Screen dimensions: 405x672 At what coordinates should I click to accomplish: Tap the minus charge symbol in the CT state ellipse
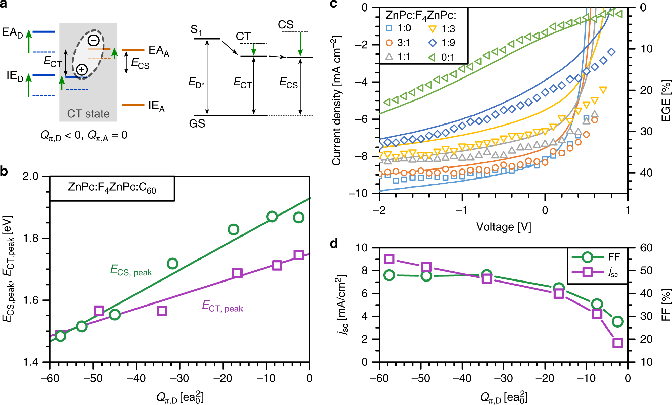pos(93,41)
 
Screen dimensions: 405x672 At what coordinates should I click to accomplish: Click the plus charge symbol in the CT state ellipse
pos(82,70)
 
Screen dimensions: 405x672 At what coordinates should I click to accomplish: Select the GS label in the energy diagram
pos(197,124)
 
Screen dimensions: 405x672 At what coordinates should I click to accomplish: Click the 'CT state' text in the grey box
pos(88,114)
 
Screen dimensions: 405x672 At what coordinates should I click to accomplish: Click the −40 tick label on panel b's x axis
pos(136,378)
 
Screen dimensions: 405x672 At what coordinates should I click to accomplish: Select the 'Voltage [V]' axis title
pos(504,227)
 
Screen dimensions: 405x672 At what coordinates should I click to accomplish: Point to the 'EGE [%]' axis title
pos(666,100)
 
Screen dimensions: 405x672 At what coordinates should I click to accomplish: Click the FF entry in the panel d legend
pos(596,257)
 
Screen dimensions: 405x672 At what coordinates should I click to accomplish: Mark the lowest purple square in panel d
pos(617,343)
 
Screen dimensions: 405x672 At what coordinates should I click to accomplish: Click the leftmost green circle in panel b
pos(60,336)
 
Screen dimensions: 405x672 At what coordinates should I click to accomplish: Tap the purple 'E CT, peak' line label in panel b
pos(223,307)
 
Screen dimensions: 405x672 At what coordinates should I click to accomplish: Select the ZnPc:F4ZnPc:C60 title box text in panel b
pos(112,188)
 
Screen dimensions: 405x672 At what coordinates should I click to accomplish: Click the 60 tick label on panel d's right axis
pos(646,248)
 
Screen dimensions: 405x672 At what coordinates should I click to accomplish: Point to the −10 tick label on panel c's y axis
pos(358,194)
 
